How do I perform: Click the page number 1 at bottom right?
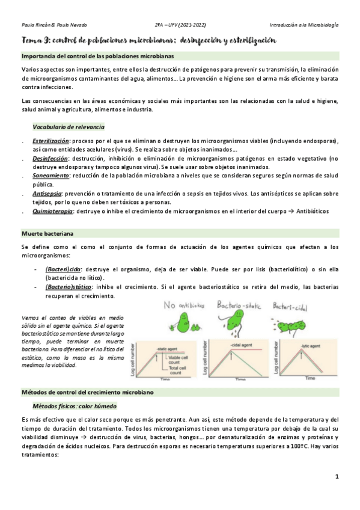click(x=337, y=477)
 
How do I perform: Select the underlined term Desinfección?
click(x=50, y=158)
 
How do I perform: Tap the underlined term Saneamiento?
click(x=51, y=175)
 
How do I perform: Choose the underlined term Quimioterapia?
click(x=53, y=211)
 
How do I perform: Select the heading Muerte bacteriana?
click(x=44, y=232)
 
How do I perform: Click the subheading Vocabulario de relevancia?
click(x=69, y=127)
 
